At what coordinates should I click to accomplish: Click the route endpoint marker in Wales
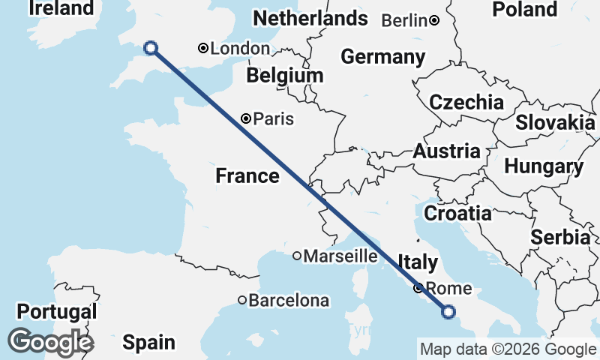tap(151, 48)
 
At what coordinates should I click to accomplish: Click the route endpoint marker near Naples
tap(448, 311)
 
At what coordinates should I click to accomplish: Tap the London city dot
tap(202, 49)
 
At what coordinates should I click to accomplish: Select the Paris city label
tap(273, 118)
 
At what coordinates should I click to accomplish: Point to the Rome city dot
tap(418, 289)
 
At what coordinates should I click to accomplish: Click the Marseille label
tap(340, 256)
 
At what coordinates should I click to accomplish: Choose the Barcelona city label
tap(289, 301)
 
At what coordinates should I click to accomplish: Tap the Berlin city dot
tap(434, 21)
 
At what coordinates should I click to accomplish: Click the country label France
tap(247, 176)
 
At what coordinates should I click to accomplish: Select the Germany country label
tap(382, 57)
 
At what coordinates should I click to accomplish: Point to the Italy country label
tap(418, 262)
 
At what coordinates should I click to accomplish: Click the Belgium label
tap(285, 76)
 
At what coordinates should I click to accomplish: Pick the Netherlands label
tap(310, 19)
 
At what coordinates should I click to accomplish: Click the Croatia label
tap(458, 214)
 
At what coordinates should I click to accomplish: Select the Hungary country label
tap(544, 166)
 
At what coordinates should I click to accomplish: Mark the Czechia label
tap(466, 103)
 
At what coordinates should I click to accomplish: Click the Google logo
tap(50, 342)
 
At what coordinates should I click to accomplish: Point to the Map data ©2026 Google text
tap(508, 349)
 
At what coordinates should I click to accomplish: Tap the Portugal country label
tap(58, 311)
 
